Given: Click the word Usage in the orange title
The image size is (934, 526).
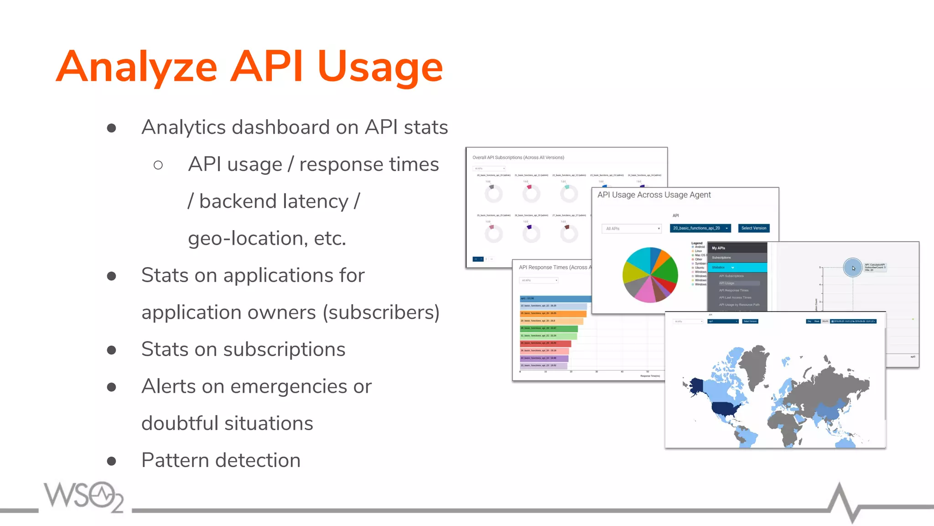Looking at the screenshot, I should [380, 67].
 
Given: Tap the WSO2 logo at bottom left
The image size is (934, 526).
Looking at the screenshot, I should [84, 496].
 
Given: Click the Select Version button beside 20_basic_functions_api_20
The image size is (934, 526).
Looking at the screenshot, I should [753, 228].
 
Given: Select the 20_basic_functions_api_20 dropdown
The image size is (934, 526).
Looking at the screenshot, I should [700, 228].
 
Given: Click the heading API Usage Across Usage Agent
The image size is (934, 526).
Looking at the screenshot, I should [654, 195].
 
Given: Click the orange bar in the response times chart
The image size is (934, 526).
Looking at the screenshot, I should [553, 314].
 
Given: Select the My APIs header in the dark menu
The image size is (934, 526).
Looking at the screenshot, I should [719, 248].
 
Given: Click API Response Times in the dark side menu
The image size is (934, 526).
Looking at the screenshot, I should [734, 290].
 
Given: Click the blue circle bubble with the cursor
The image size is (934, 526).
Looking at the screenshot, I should [852, 268].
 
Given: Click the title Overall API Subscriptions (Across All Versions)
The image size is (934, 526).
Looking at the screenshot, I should [518, 158].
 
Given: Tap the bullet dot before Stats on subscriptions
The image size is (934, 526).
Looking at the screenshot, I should [111, 350].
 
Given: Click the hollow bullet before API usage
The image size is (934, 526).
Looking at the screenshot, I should [158, 165].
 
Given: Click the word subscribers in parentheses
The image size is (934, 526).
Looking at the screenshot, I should [381, 313].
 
